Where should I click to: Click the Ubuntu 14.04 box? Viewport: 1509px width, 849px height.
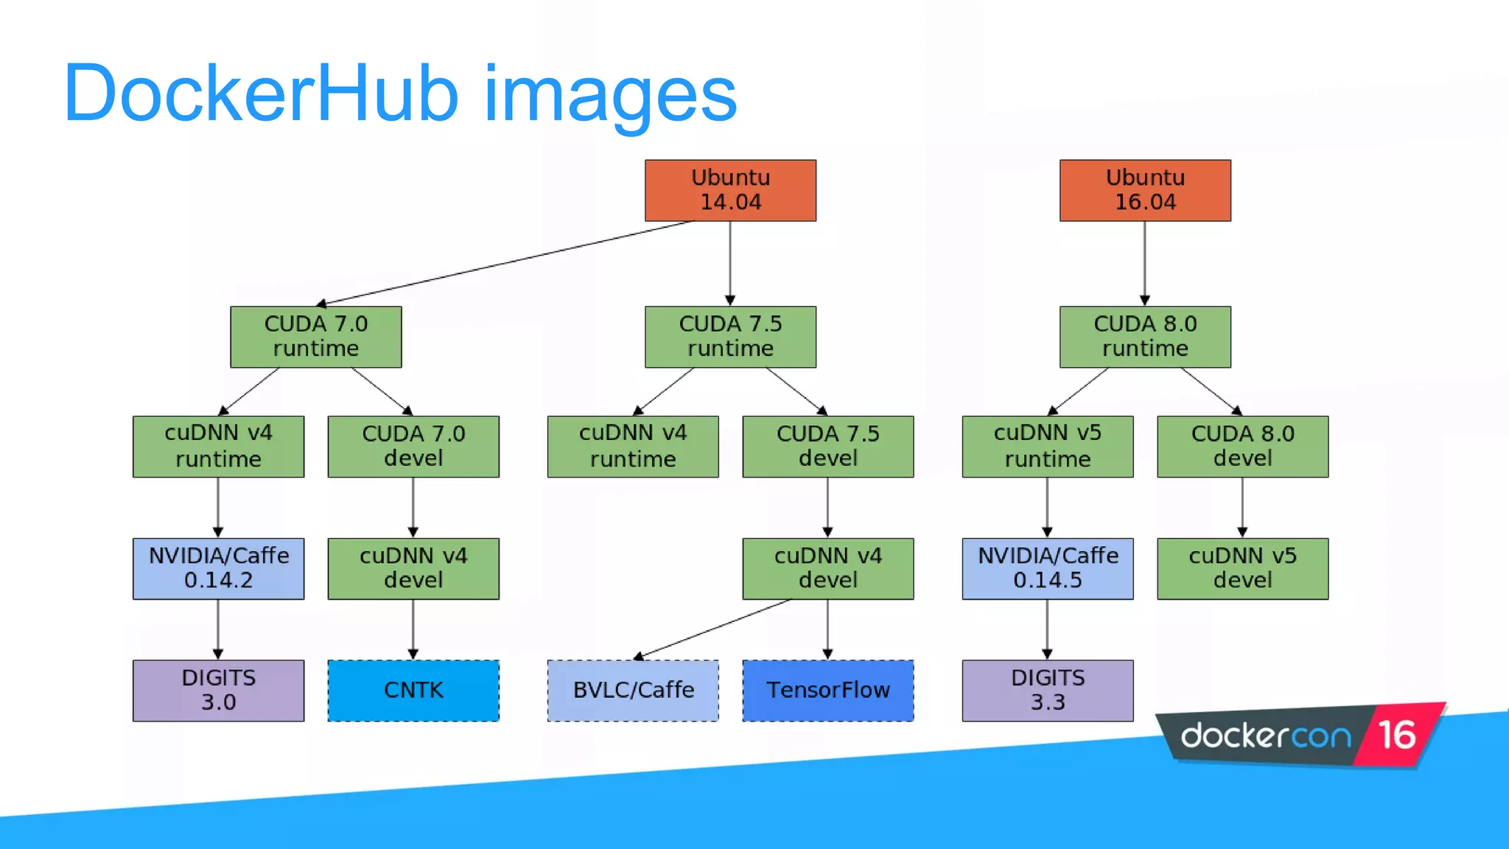[x=730, y=190]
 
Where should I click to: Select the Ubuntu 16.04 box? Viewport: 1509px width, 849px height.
[x=1145, y=190]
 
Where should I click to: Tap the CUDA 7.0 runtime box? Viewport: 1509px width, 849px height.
[x=315, y=337]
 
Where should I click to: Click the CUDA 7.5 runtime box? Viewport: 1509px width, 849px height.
[x=730, y=337]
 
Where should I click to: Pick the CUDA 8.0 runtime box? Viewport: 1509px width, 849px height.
[x=1145, y=337]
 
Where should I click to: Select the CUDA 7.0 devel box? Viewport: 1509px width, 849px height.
[x=413, y=447]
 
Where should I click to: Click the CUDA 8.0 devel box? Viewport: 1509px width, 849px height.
[x=1242, y=447]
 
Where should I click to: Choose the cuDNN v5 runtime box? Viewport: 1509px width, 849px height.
[x=1047, y=447]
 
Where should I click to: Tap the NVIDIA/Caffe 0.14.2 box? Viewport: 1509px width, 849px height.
[x=218, y=568]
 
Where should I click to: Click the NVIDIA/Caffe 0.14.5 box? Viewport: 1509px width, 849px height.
[x=1047, y=568]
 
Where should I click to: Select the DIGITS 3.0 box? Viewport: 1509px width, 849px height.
[x=218, y=691]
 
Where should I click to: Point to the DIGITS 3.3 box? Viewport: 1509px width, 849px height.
[x=1047, y=691]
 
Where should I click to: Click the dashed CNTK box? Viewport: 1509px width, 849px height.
[x=413, y=691]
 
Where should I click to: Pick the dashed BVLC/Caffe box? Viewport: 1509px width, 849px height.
[x=633, y=691]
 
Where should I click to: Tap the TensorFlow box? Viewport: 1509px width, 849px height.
[x=827, y=691]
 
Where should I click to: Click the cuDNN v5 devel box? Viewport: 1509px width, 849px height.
[x=1242, y=568]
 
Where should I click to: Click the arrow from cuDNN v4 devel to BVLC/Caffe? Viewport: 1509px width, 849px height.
[x=711, y=628]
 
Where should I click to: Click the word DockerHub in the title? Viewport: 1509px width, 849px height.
[x=261, y=94]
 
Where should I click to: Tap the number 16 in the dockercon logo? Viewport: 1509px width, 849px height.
[x=1397, y=735]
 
